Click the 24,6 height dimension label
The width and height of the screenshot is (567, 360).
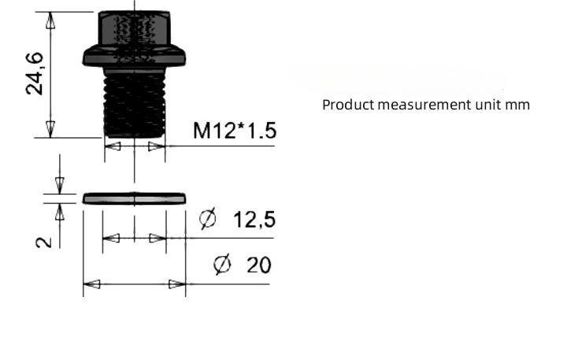[35, 73]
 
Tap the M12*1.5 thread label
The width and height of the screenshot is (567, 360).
[235, 131]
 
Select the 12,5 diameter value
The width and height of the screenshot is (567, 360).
[254, 220]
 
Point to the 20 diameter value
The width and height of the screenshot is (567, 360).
[259, 265]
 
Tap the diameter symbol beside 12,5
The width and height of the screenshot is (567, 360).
[208, 218]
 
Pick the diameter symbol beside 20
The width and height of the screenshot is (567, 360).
[222, 264]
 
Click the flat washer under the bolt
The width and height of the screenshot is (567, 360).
[134, 199]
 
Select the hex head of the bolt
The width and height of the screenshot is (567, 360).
[134, 28]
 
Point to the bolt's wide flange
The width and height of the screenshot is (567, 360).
[134, 56]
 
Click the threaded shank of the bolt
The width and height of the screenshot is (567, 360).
[135, 102]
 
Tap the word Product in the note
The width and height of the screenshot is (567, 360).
[348, 105]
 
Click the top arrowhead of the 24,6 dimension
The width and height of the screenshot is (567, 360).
[50, 20]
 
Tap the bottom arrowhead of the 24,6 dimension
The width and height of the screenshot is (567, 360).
[50, 129]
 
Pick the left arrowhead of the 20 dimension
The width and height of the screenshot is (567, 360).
[92, 284]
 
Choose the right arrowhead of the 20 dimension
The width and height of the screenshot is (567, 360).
[177, 284]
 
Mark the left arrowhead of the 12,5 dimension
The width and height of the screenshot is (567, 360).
[111, 239]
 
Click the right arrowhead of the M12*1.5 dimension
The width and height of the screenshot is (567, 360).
[157, 147]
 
